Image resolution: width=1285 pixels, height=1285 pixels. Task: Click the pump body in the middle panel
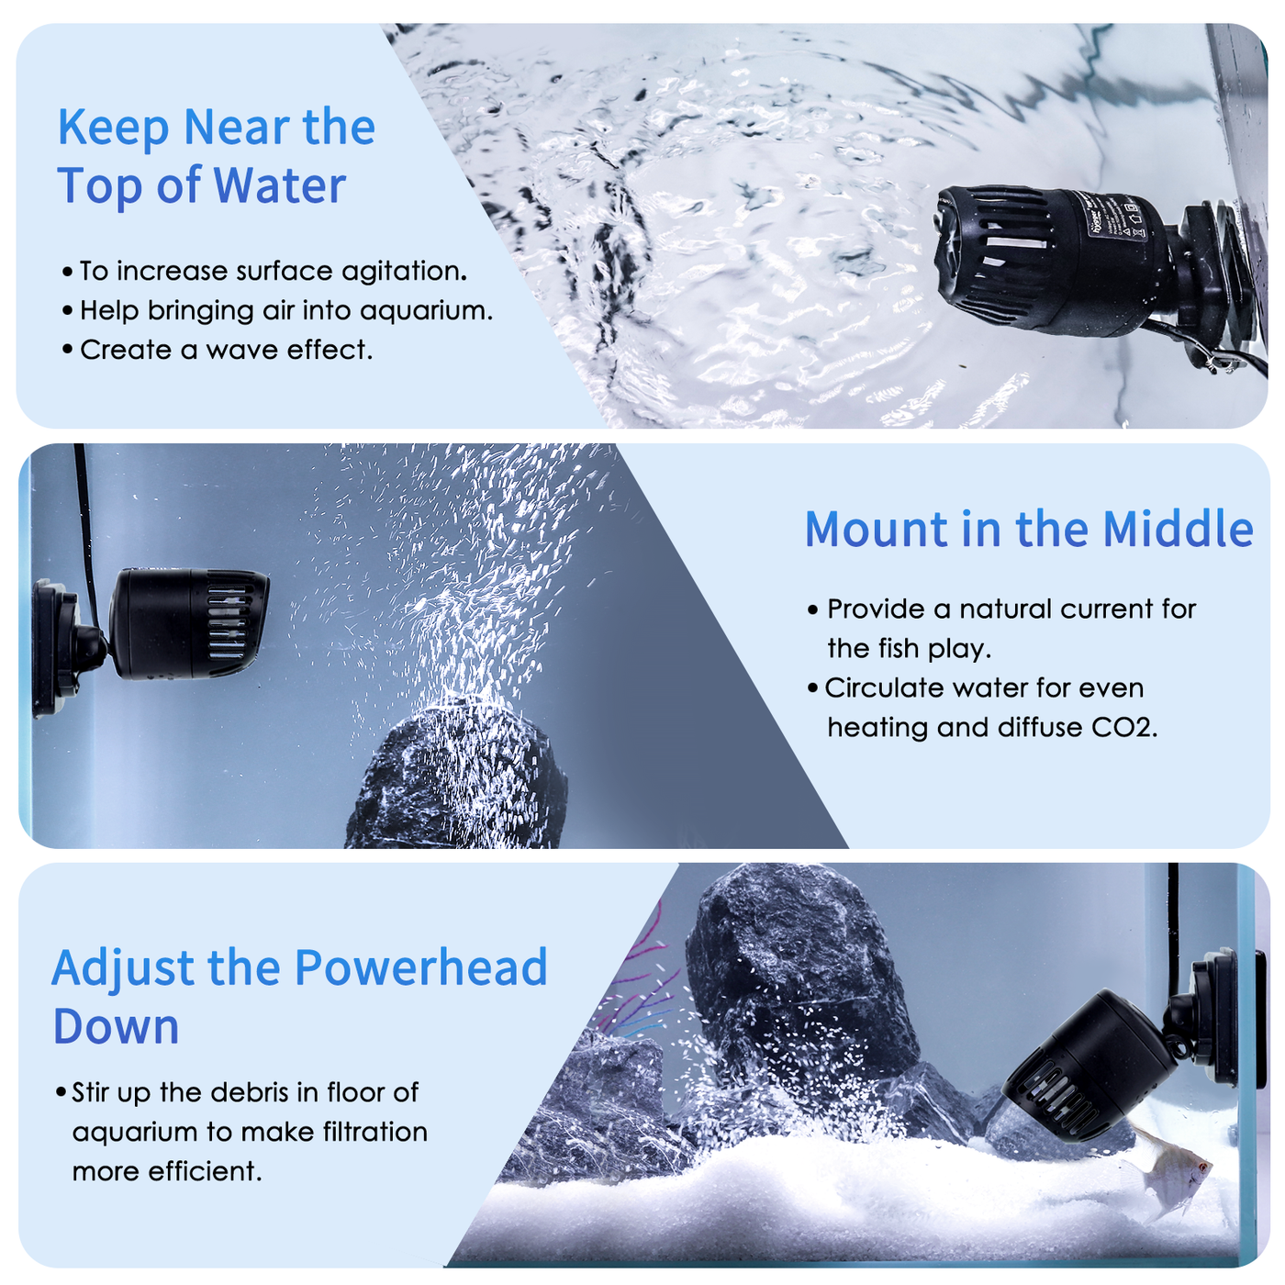174,624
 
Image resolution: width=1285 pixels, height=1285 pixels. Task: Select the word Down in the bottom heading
116,1026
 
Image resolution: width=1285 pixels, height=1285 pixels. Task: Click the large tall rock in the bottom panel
789,973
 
